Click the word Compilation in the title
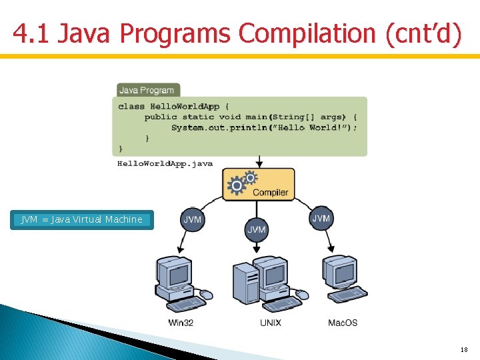310,34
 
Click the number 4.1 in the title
31,34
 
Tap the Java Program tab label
146,90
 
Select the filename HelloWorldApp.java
165,163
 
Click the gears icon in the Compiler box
241,183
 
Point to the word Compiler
270,193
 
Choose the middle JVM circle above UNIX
257,229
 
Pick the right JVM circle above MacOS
321,219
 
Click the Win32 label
181,323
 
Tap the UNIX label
271,323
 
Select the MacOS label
343,323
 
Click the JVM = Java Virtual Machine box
82,220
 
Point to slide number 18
464,349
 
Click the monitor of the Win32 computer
175,273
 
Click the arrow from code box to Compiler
259,161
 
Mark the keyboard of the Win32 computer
186,304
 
